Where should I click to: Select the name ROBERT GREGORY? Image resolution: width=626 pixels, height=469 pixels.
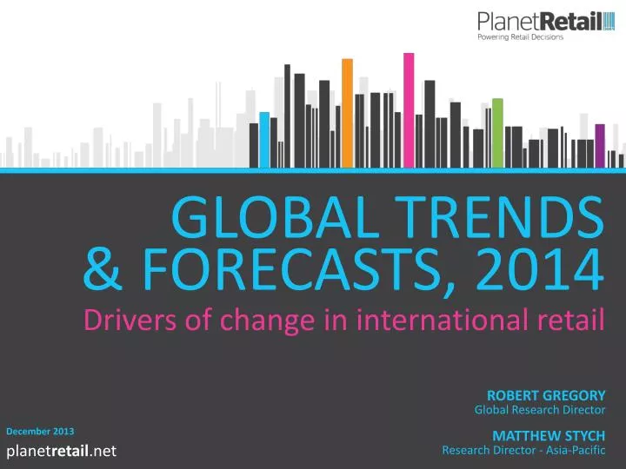[x=546, y=395]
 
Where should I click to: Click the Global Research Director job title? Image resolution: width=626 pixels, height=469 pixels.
[x=539, y=410]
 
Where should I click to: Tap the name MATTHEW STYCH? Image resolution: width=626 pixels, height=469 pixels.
[x=549, y=435]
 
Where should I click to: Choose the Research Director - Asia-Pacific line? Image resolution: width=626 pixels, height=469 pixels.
[x=523, y=450]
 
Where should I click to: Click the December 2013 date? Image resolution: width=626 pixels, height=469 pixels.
[x=40, y=431]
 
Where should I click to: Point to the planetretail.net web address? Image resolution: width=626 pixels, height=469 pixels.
[x=62, y=450]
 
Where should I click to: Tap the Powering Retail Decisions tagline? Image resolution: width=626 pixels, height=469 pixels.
[x=521, y=37]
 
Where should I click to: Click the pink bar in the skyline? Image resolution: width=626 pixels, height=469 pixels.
[x=409, y=108]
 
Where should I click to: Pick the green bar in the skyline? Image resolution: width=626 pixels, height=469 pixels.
[x=497, y=131]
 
